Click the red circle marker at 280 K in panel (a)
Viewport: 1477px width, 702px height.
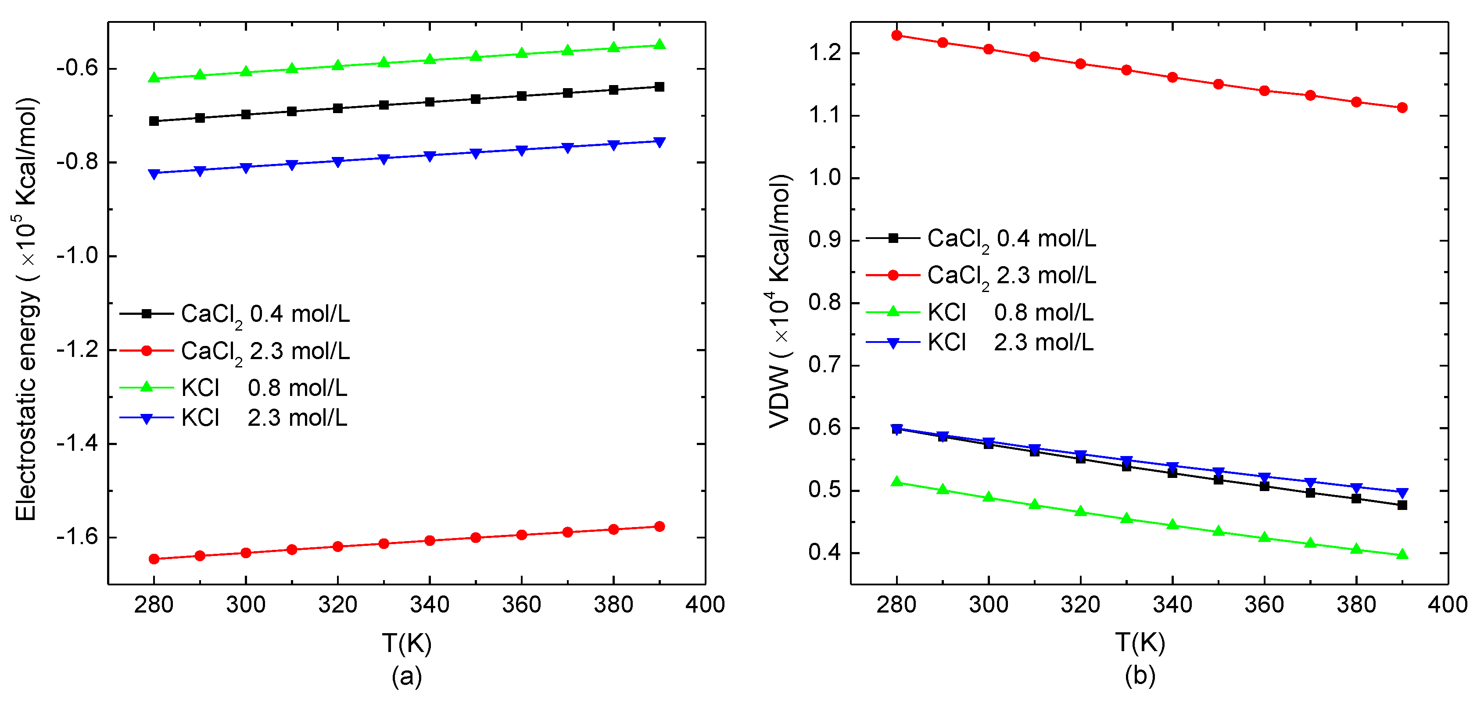[154, 559]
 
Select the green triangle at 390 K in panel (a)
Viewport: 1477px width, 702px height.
[660, 45]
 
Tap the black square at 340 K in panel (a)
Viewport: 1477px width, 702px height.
[430, 102]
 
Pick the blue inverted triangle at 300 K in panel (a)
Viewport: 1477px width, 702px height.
[246, 168]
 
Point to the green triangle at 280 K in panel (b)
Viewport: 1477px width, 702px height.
[897, 482]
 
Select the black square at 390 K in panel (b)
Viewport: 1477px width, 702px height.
[1402, 505]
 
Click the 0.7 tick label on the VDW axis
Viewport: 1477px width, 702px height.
[825, 365]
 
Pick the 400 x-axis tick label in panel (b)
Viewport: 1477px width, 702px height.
[1447, 605]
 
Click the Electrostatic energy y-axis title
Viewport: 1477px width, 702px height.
[26, 310]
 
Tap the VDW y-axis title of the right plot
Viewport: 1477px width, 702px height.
[780, 301]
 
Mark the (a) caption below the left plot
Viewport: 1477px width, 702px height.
[406, 676]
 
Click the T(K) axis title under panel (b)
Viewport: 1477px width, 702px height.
[1140, 643]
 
